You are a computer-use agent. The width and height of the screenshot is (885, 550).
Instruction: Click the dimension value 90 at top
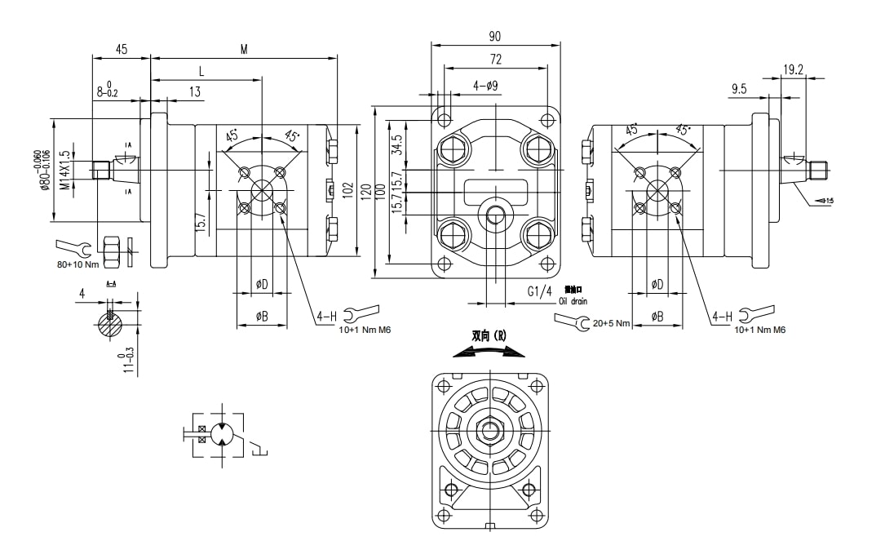(495, 36)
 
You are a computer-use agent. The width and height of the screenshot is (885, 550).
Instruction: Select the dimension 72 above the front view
(496, 60)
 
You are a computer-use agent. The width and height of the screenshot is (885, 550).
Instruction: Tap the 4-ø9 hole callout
(485, 86)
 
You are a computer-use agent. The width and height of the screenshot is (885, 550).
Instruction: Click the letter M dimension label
(244, 50)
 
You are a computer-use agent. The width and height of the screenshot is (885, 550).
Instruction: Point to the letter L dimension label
(201, 72)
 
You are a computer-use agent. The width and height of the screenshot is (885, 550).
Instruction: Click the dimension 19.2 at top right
(793, 70)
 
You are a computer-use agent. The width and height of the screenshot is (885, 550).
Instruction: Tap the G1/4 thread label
(539, 291)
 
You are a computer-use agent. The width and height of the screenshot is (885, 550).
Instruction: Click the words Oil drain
(573, 301)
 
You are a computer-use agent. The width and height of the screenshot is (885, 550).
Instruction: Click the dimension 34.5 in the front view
(398, 145)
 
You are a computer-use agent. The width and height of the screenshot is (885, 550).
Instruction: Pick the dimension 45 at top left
(121, 50)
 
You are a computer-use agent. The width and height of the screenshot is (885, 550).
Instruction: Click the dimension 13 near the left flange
(195, 92)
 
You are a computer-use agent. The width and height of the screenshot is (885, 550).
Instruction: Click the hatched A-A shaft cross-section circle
(110, 324)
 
